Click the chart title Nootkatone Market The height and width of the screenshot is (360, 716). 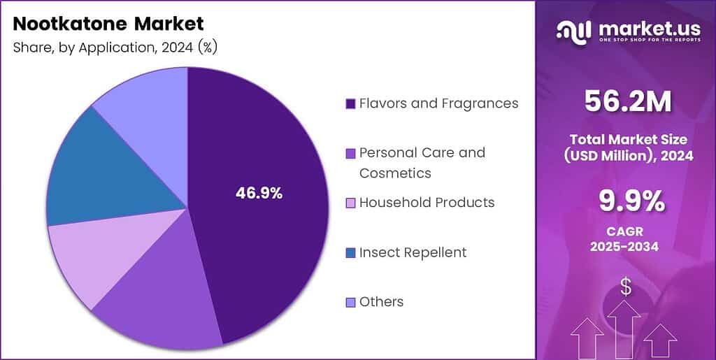(108, 24)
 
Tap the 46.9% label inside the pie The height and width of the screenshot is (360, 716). (259, 194)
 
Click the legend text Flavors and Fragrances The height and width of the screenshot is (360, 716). (438, 103)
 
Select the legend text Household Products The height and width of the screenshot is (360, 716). (427, 203)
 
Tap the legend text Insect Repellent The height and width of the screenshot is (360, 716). (413, 252)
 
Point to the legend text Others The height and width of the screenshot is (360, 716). (381, 302)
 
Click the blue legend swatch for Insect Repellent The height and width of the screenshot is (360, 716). (351, 252)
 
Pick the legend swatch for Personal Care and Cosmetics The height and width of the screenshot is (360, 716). (351, 153)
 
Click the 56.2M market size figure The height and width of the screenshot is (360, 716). (626, 101)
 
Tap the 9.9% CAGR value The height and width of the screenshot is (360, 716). (626, 201)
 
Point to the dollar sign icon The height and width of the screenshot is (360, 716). (626, 286)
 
